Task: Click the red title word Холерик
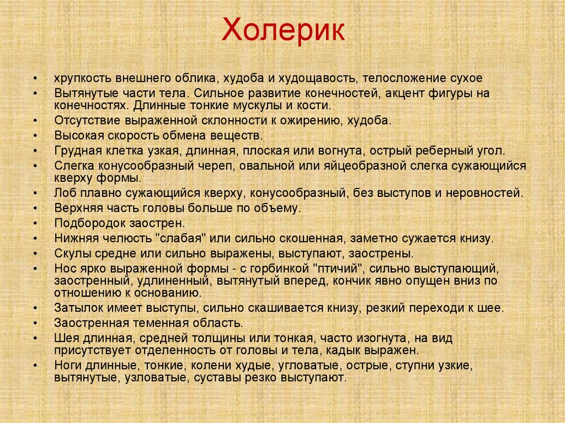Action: [x=283, y=31]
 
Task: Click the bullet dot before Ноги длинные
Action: [x=36, y=365]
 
